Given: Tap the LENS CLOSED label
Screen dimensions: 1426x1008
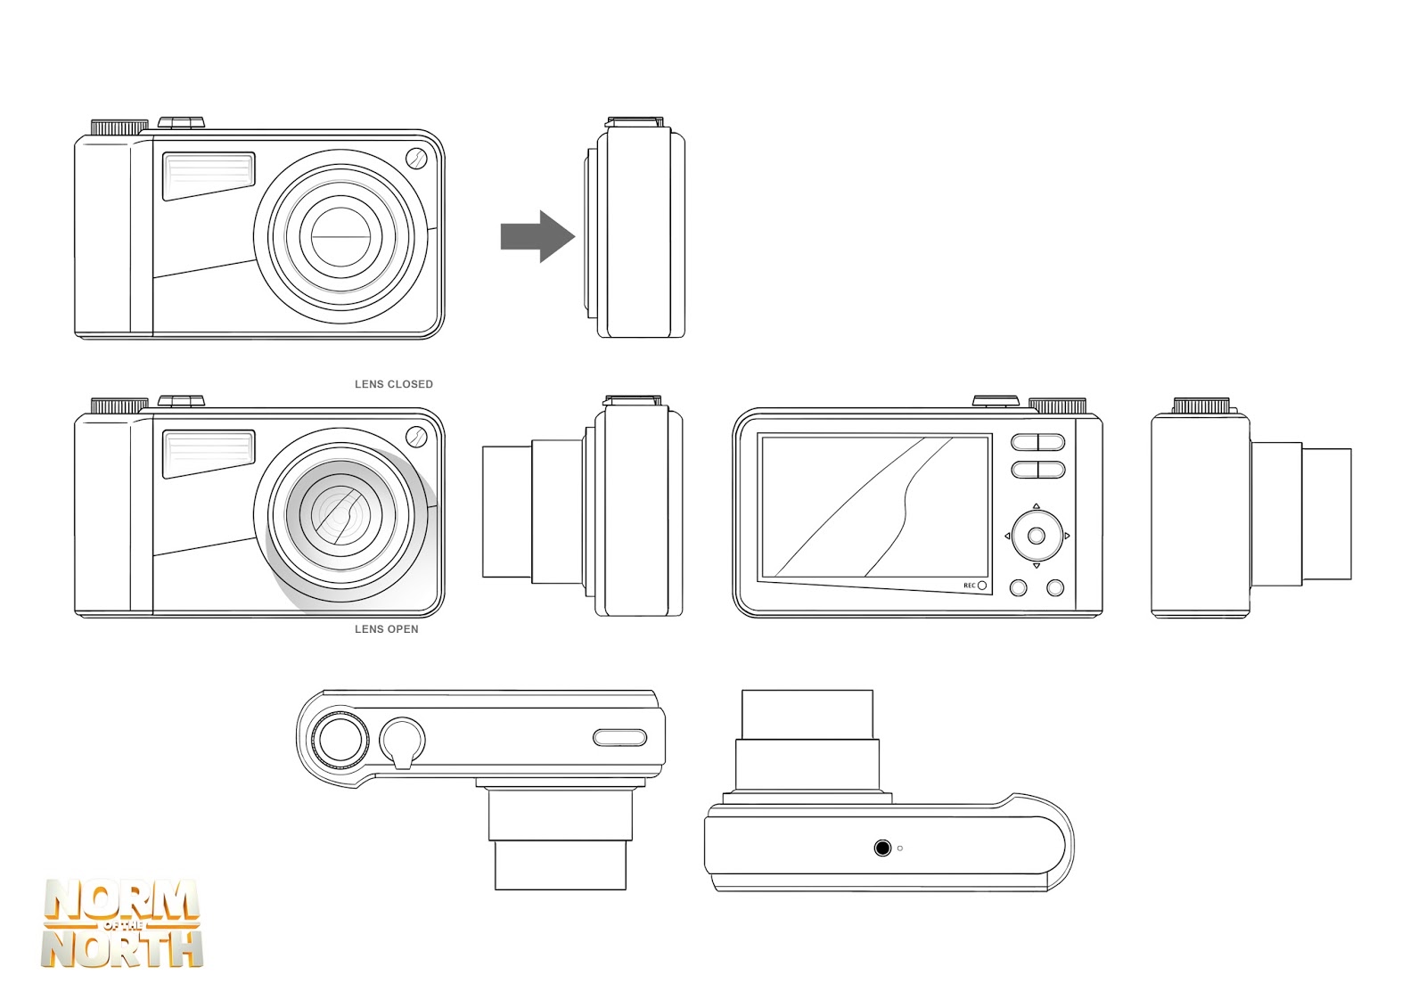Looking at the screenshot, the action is pos(393,384).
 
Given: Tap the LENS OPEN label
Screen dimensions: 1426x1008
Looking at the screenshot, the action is pos(386,629).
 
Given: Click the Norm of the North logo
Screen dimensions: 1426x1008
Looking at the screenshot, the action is pos(121,924).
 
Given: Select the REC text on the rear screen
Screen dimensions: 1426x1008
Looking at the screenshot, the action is pos(969,586).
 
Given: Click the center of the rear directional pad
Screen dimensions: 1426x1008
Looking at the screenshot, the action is pos(1036,536).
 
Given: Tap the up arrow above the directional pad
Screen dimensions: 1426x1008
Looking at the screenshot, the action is pos(1036,506).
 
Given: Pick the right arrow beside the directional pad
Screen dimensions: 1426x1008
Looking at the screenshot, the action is pos(1067,536).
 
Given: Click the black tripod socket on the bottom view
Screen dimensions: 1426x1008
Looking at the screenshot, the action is pos(882,848).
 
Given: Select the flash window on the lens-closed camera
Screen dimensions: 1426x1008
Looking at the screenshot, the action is pos(209,174).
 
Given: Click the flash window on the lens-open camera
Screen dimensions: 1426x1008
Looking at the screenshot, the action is pos(209,452).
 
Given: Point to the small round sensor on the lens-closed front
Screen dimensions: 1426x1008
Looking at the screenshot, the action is pos(416,159).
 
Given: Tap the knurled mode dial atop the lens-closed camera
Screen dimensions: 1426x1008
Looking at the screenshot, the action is pos(119,127).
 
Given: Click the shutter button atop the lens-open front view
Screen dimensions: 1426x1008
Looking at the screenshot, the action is pos(181,400).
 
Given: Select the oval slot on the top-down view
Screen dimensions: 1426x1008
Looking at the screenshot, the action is pos(619,737).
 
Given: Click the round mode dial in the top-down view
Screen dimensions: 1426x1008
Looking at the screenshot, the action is pos(339,739).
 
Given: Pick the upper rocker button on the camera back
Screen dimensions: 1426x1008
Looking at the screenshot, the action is pos(1037,442).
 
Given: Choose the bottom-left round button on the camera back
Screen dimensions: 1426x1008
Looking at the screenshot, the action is pos(1018,587).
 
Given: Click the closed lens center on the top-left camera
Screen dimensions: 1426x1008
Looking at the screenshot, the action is pos(340,237).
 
